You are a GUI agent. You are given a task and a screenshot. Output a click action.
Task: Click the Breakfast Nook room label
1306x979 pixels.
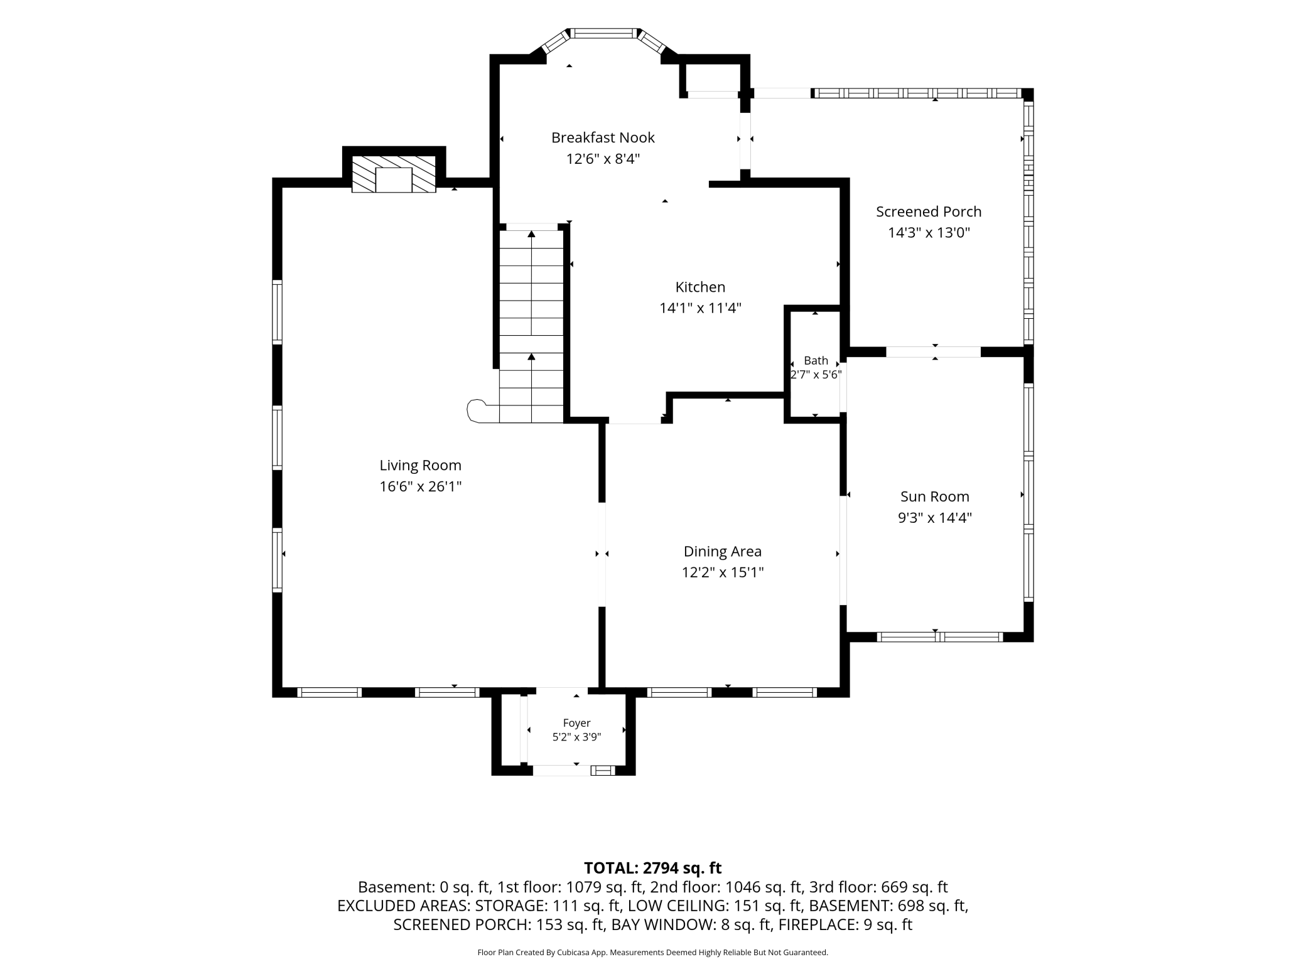pyautogui.click(x=603, y=137)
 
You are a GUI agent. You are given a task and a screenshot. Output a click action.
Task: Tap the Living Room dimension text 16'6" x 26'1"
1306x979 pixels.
pyautogui.click(x=420, y=486)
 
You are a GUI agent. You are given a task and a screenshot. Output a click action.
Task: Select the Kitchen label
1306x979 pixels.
pyautogui.click(x=700, y=287)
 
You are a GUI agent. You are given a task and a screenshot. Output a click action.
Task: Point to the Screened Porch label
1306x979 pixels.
pyautogui.click(x=929, y=212)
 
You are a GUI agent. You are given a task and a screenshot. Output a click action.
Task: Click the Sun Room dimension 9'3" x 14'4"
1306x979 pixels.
pyautogui.click(x=935, y=518)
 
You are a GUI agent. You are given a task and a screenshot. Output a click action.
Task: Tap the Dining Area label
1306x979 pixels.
pyautogui.click(x=723, y=552)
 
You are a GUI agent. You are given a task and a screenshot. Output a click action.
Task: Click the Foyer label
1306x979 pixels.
pyautogui.click(x=576, y=723)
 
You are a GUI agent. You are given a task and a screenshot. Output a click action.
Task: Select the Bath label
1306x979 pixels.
pyautogui.click(x=816, y=361)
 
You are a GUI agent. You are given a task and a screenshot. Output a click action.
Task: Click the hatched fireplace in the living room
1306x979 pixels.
pyautogui.click(x=393, y=174)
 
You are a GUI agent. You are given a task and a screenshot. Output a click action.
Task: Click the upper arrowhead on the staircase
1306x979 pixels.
pyautogui.click(x=532, y=234)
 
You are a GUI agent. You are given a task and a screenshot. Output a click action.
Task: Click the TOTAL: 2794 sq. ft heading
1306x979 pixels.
pyautogui.click(x=653, y=868)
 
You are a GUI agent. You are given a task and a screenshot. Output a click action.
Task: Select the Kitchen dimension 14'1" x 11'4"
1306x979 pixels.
pyautogui.click(x=700, y=308)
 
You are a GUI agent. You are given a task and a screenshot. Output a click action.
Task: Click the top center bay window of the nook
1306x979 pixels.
pyautogui.click(x=603, y=33)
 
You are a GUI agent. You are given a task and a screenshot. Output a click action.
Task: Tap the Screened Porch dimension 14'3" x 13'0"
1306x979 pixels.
pyautogui.click(x=929, y=233)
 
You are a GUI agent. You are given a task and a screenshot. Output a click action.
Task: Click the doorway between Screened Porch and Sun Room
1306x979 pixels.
pyautogui.click(x=933, y=352)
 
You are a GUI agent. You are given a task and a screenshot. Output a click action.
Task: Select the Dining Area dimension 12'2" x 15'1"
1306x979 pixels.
pyautogui.click(x=723, y=572)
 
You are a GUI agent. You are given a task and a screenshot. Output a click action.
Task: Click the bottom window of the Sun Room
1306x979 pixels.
pyautogui.click(x=939, y=637)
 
